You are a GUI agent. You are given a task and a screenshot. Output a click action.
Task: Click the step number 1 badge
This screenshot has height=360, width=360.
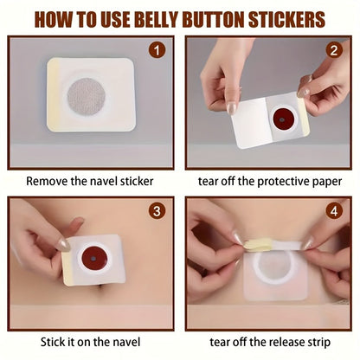[157, 50]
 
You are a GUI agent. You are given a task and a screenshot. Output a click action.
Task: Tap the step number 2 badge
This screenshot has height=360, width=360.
[334, 50]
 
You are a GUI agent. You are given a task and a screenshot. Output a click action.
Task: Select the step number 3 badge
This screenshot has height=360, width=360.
[157, 211]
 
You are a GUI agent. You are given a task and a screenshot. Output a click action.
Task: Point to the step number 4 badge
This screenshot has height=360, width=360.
[334, 211]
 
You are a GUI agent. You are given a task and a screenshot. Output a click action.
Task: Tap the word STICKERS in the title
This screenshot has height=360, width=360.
[286, 20]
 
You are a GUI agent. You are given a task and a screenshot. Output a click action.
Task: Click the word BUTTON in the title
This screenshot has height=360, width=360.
[214, 20]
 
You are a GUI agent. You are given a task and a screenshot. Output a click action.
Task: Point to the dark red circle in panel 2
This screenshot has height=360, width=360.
[283, 119]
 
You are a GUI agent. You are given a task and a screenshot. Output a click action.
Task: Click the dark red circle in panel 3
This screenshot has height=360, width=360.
[94, 259]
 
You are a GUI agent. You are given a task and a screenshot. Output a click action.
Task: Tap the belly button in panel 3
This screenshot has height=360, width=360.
[101, 289]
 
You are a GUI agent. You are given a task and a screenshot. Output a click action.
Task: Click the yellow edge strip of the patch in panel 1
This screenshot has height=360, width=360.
[53, 94]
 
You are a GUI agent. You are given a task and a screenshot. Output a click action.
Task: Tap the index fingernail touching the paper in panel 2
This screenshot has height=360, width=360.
[232, 109]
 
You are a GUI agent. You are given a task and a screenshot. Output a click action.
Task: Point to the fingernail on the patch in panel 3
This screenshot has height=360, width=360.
[63, 245]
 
